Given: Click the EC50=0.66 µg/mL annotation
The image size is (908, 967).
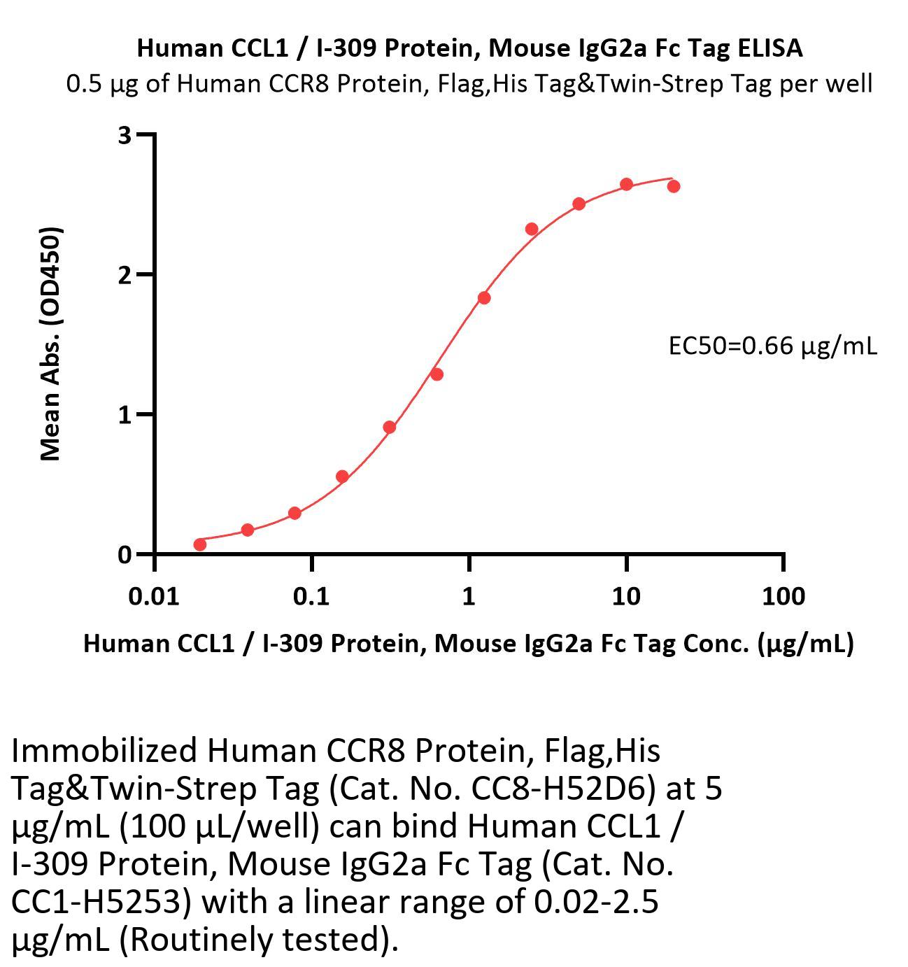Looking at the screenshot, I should [x=772, y=346].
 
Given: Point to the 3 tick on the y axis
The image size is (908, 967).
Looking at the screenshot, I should [x=125, y=135].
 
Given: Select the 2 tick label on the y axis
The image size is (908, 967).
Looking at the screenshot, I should [x=125, y=275].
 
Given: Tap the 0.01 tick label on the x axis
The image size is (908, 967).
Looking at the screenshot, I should [x=155, y=596].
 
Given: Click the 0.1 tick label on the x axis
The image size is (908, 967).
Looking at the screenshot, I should [x=311, y=596].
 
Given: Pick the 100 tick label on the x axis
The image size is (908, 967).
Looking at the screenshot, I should [x=783, y=596].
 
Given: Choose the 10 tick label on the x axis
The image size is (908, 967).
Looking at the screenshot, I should [x=625, y=596].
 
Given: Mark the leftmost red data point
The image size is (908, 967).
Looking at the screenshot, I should [x=200, y=544].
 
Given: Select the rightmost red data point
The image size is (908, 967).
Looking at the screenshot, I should [x=674, y=186].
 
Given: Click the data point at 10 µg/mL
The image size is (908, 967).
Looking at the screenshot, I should [x=626, y=185].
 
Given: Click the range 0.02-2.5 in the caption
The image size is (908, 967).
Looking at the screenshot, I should [x=596, y=902].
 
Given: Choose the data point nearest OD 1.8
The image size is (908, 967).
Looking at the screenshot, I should [x=483, y=298].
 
